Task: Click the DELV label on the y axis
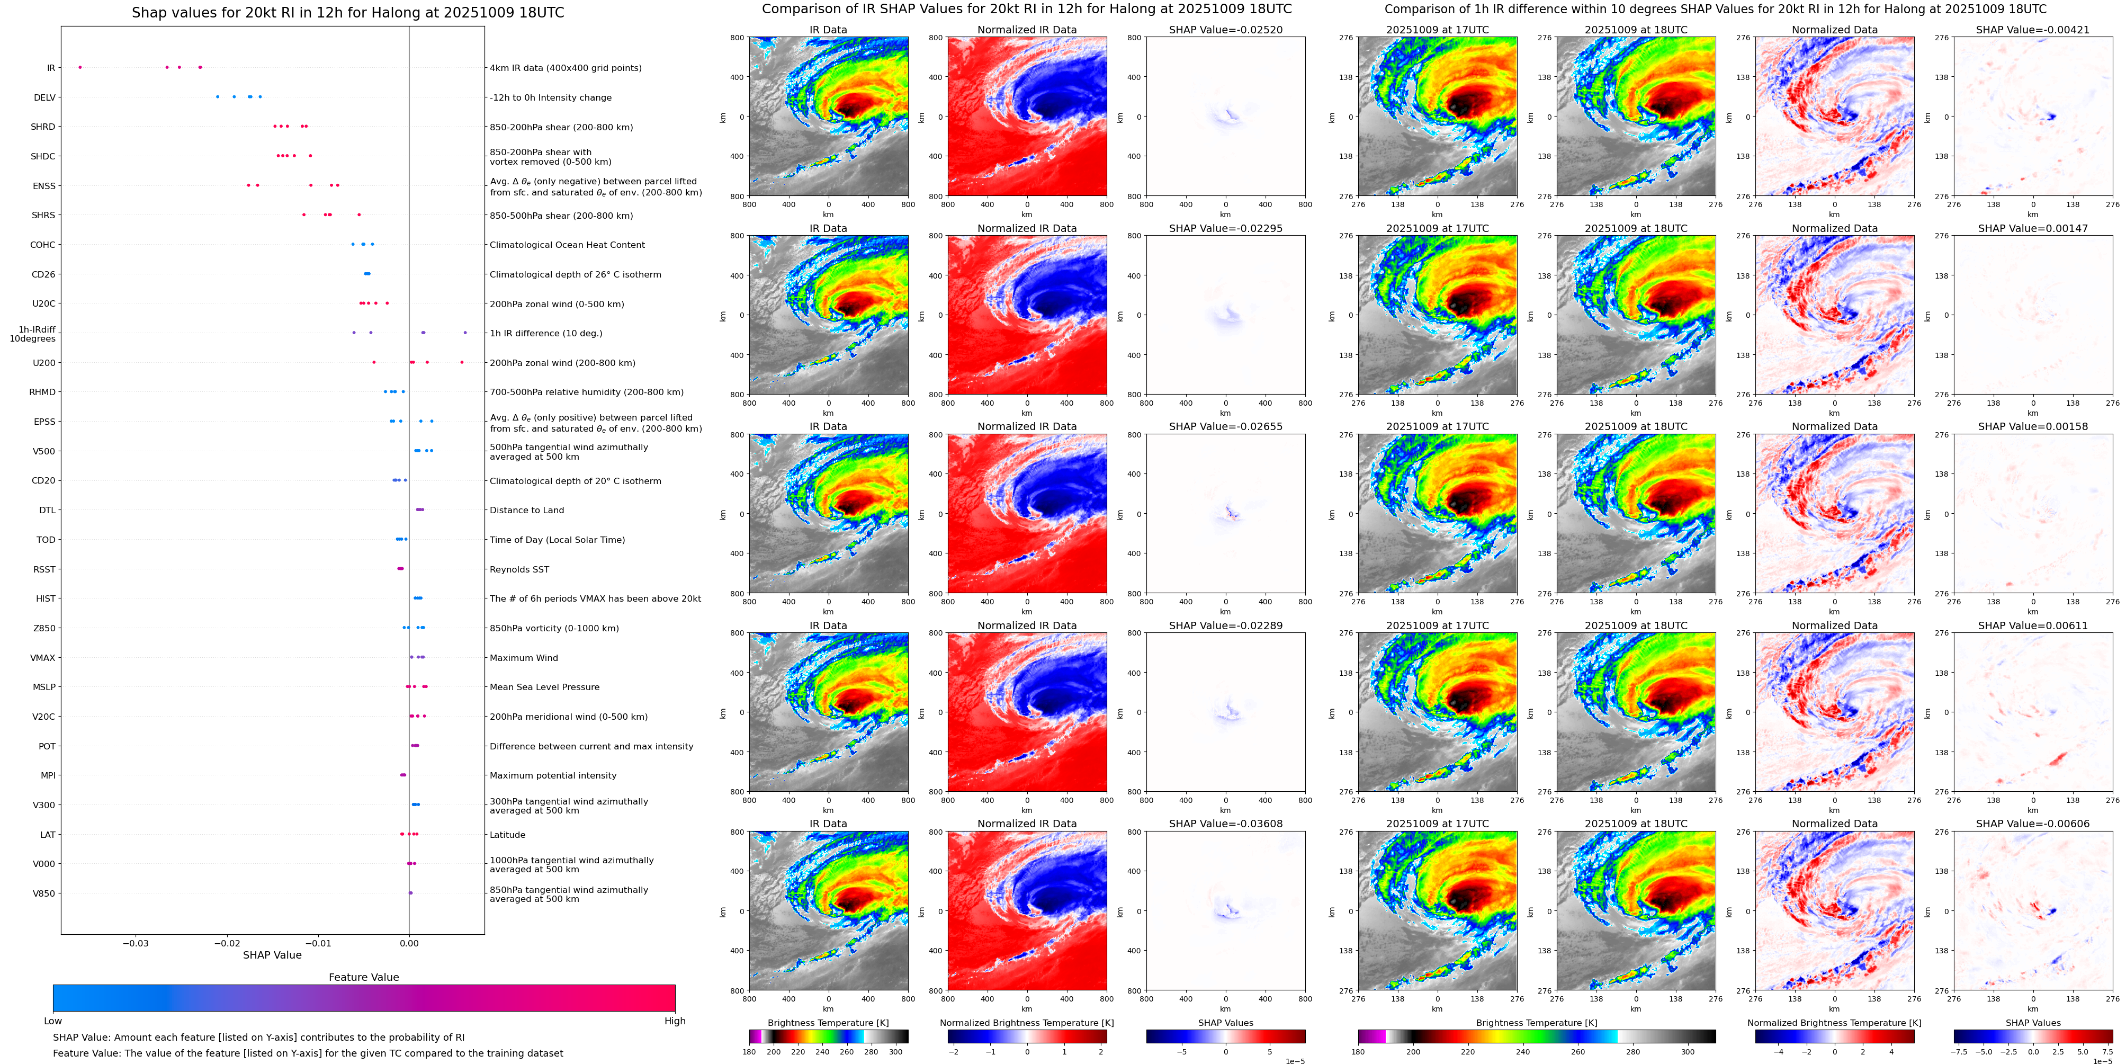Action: [x=44, y=97]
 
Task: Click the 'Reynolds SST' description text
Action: [x=519, y=569]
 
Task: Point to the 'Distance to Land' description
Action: [x=526, y=510]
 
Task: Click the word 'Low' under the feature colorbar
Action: [x=53, y=1021]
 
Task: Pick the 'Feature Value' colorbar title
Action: [x=363, y=977]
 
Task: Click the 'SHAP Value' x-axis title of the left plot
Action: [x=272, y=955]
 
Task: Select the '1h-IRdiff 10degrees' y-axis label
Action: [x=33, y=334]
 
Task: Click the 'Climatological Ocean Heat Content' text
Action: [x=567, y=245]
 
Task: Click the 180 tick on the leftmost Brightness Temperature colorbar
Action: [x=749, y=1052]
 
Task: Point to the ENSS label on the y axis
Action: [x=44, y=186]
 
